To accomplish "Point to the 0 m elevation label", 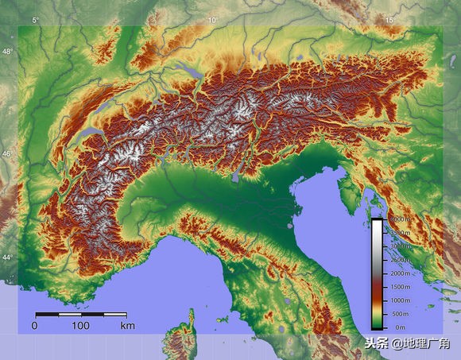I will pyautogui.click(x=399, y=327).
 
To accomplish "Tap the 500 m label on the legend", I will pyautogui.click(x=399, y=314).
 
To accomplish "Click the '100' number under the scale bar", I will pyautogui.click(x=80, y=326).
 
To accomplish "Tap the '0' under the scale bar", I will pyautogui.click(x=34, y=326).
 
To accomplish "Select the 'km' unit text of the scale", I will pyautogui.click(x=127, y=326).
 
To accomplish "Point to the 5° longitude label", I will pyautogui.click(x=35, y=20).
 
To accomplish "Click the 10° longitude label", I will pyautogui.click(x=211, y=20).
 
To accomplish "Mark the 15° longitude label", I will pyautogui.click(x=389, y=20).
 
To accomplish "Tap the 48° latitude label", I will pyautogui.click(x=7, y=51).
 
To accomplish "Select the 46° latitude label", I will pyautogui.click(x=7, y=153).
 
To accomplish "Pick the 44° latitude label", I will pyautogui.click(x=7, y=257).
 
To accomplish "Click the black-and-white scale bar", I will pyautogui.click(x=80, y=315).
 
